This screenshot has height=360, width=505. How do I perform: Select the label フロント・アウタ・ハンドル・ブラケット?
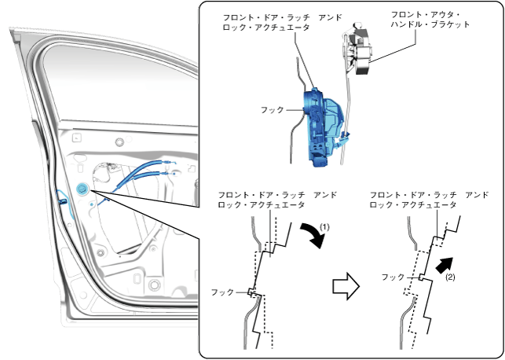coord(431,20)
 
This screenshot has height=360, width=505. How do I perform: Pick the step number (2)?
coord(451,277)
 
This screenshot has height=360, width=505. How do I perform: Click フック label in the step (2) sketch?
coord(393,277)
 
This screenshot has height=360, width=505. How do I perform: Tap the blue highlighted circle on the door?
coord(82,189)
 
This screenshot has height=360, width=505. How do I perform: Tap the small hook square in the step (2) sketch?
coord(422,277)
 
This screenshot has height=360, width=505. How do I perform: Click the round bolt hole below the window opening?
coord(119,142)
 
